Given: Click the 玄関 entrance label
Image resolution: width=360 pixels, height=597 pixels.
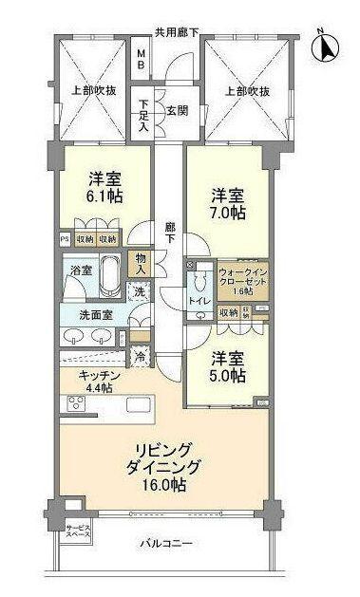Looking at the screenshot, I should (177, 109).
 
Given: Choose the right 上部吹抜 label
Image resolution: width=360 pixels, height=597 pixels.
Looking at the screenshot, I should (247, 91).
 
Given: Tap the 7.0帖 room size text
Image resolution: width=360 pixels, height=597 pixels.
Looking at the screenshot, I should (227, 215).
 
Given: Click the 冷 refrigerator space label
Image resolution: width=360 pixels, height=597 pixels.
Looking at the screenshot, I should (140, 357).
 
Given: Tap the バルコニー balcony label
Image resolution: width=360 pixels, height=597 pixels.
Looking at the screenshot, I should (166, 544).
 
